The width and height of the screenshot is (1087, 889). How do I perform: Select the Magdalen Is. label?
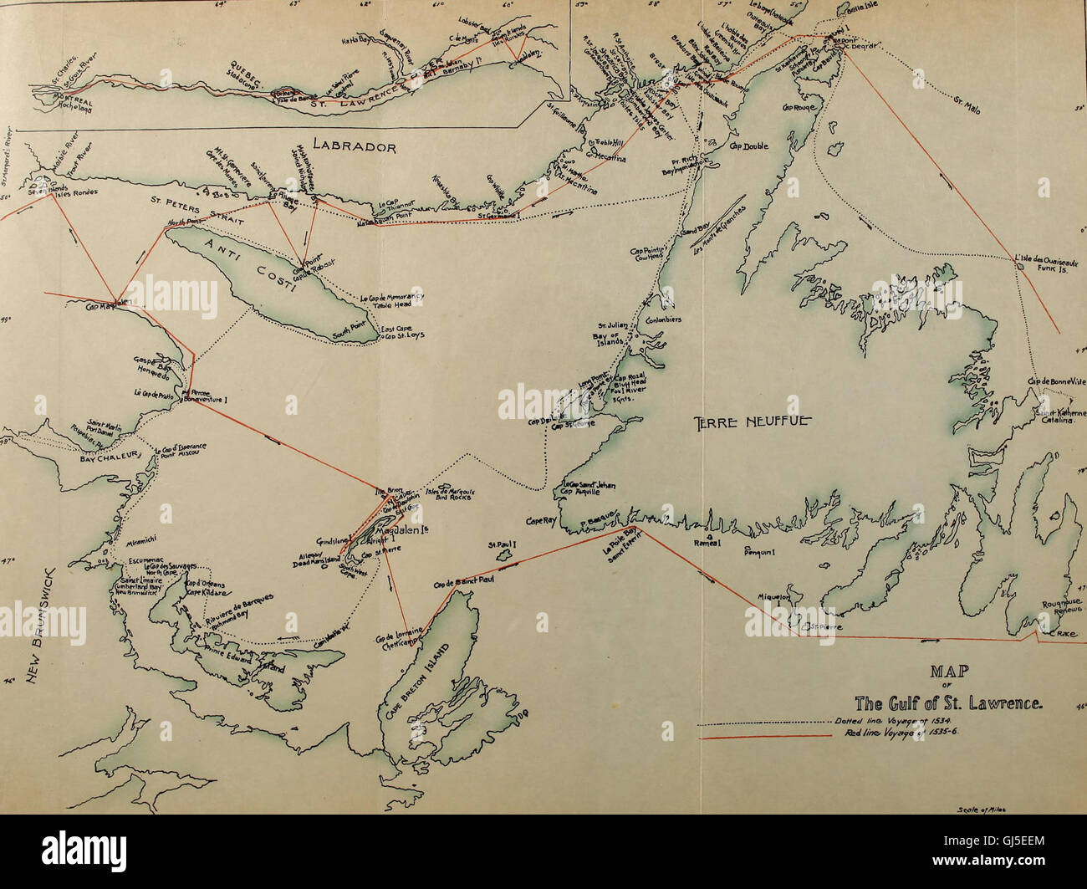(x=398, y=531)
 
